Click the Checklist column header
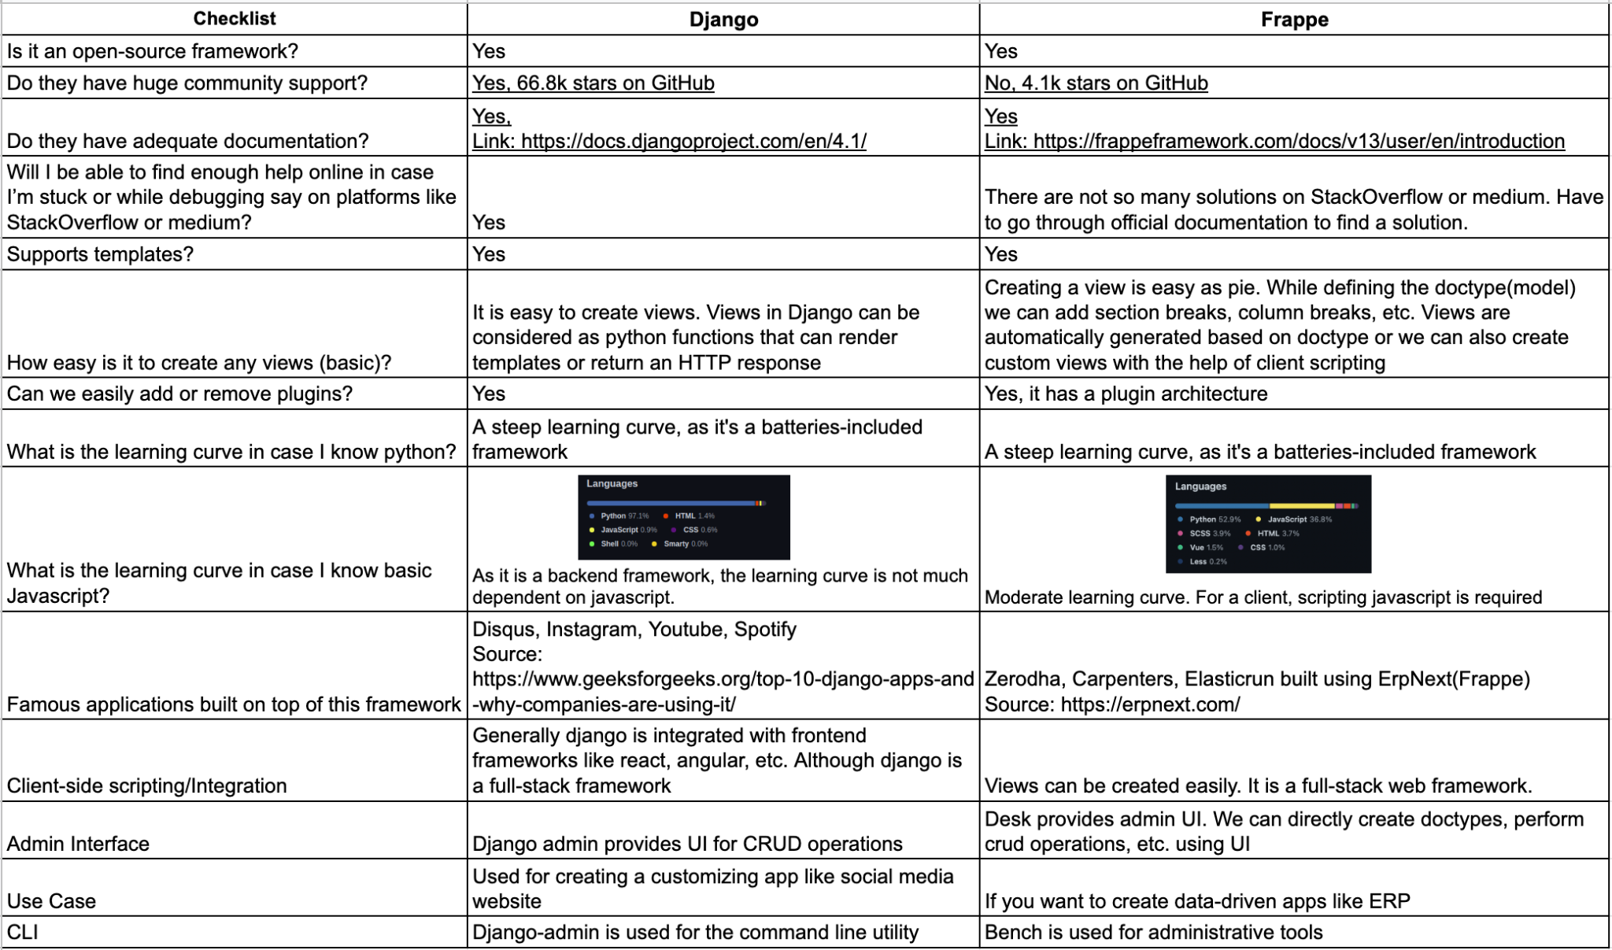[x=234, y=19]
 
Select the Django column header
[x=723, y=20]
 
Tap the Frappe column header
[x=1294, y=20]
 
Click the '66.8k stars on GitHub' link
[x=593, y=83]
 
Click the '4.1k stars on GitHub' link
[x=1096, y=83]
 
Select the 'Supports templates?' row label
[x=100, y=254]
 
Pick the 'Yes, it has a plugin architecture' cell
[x=1126, y=394]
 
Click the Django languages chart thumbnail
[x=683, y=516]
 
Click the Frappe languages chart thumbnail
[x=1268, y=523]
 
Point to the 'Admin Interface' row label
[x=78, y=844]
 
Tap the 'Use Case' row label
[x=51, y=901]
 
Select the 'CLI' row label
[x=22, y=933]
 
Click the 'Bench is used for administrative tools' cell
[x=1153, y=933]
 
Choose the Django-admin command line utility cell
[x=695, y=933]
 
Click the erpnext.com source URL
[x=1150, y=704]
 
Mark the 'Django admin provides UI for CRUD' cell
[x=687, y=844]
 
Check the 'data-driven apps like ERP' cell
[x=1196, y=901]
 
